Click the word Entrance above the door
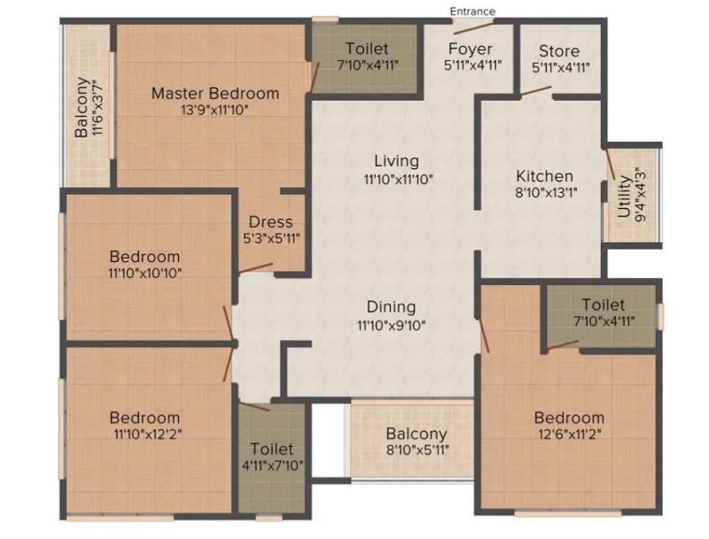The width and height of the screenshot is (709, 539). [472, 12]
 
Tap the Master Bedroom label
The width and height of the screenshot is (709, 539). [215, 94]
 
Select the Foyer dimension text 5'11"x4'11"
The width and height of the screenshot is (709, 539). [473, 65]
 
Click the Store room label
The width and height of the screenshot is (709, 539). [559, 51]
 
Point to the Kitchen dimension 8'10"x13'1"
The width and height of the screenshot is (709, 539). [546, 193]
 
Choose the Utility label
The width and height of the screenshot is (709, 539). [624, 196]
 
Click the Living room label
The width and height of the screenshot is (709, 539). [396, 161]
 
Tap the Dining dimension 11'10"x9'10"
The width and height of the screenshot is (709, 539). [392, 325]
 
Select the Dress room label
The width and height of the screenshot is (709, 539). [271, 221]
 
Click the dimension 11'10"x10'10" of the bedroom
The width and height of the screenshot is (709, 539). [145, 273]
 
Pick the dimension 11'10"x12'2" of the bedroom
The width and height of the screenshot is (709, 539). [148, 435]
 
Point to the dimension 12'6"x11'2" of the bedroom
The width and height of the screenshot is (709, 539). [570, 435]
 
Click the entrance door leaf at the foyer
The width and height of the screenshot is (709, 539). [473, 27]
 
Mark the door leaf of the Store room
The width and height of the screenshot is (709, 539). [536, 91]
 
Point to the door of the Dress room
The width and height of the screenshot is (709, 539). [255, 268]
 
